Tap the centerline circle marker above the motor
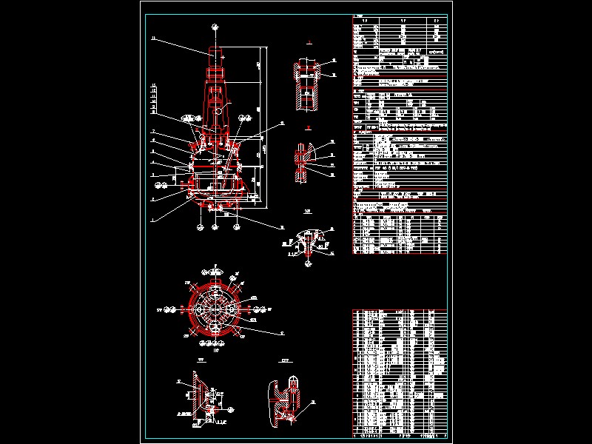click(214, 27)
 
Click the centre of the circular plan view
click(215, 309)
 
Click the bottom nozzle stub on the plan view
click(215, 344)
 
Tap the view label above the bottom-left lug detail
click(201, 362)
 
